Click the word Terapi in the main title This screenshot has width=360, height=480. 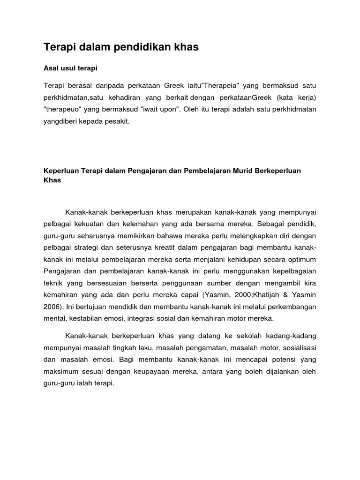[x=60, y=47]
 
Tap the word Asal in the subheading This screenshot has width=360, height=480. [x=51, y=68]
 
